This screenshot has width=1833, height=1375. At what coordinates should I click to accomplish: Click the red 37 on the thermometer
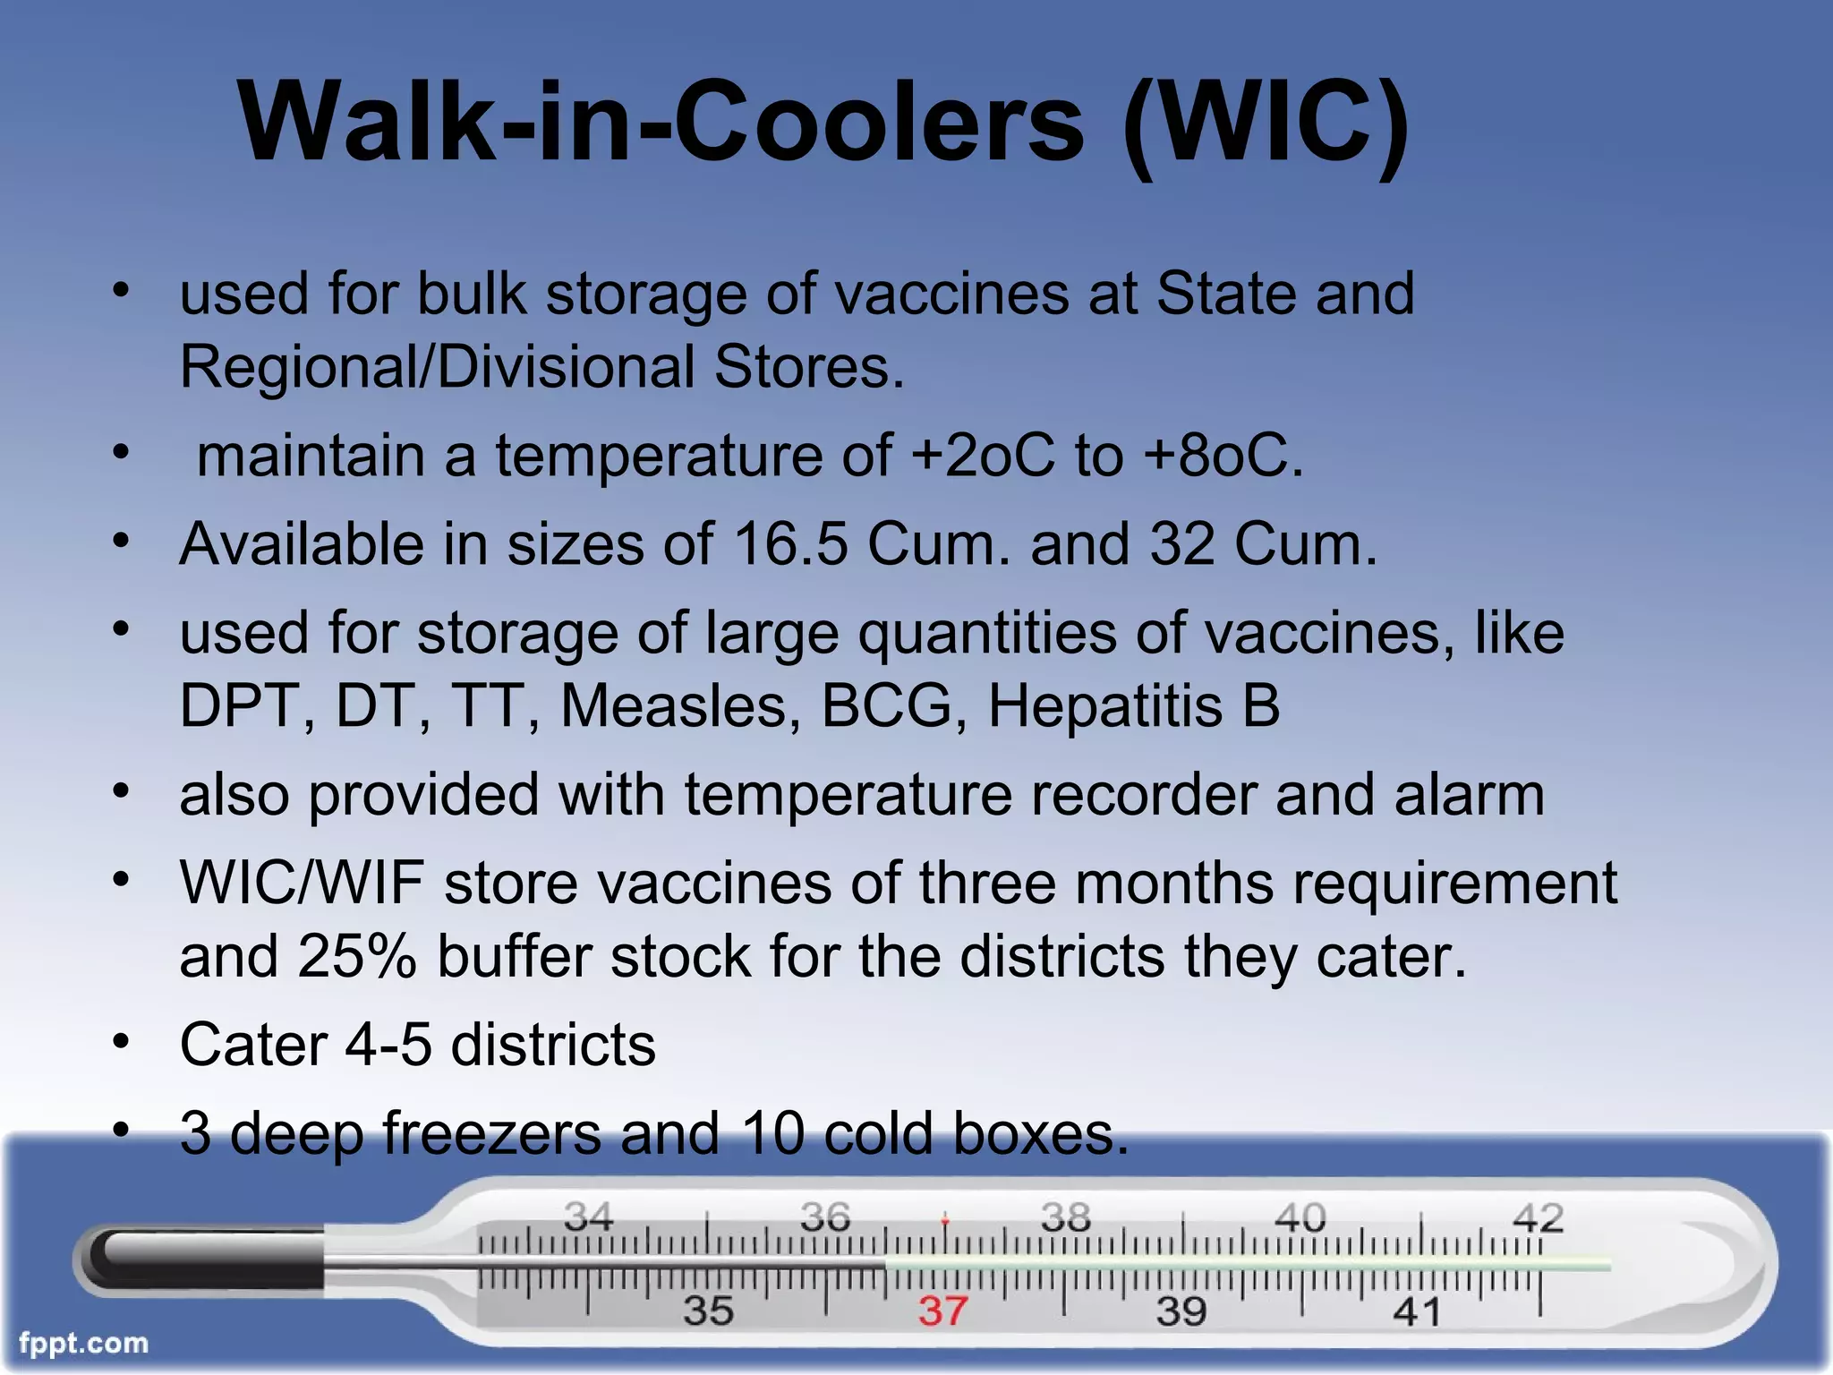click(942, 1311)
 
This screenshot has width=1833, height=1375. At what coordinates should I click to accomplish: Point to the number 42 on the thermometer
click(1538, 1218)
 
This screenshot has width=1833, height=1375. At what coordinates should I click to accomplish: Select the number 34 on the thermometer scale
click(588, 1217)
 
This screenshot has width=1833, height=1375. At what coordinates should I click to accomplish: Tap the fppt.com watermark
click(83, 1343)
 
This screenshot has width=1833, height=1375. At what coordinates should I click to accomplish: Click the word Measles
click(681, 706)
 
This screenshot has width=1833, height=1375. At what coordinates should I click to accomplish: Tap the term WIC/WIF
click(302, 884)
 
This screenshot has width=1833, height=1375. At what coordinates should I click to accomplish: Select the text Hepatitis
click(1104, 706)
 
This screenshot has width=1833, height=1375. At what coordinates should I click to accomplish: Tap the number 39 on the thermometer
click(1181, 1311)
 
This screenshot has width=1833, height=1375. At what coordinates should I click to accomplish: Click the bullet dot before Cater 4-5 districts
click(122, 1042)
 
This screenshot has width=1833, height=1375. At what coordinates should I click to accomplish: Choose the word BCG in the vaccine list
click(886, 706)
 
